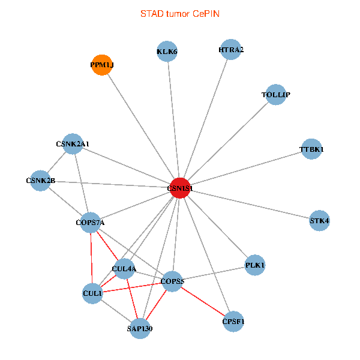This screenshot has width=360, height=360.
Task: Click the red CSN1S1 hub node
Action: click(180, 188)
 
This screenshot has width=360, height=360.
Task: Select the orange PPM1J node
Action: click(102, 65)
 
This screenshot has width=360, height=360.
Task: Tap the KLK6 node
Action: click(167, 52)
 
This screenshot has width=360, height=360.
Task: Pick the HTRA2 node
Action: click(231, 50)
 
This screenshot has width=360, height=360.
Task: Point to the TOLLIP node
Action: click(275, 94)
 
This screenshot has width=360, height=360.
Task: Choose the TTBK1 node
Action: click(311, 149)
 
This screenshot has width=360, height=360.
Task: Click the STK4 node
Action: click(319, 221)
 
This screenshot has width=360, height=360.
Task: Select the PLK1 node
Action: click(255, 265)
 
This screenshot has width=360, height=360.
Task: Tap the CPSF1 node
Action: click(233, 322)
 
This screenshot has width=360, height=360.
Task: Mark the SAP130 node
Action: click(140, 328)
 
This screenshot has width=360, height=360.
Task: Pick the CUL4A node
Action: click(124, 269)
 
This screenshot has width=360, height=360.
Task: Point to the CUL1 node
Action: click(92, 293)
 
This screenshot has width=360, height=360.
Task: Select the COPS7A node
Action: click(91, 223)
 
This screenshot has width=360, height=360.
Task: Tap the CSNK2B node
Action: click(41, 181)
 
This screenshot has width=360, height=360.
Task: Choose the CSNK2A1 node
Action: click(73, 144)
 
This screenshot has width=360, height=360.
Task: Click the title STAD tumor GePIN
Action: click(180, 13)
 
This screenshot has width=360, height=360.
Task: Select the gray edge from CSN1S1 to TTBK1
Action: click(246, 168)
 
